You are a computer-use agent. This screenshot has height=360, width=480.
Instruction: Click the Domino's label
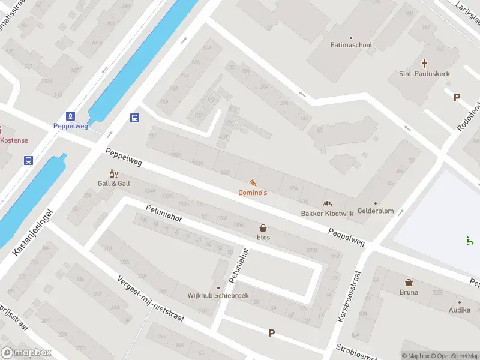(x=253, y=193)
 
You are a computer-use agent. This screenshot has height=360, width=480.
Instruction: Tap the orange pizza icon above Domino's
(x=253, y=182)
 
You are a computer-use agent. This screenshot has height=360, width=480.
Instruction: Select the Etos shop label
(x=263, y=237)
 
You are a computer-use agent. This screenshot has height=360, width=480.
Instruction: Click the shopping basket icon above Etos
(x=263, y=227)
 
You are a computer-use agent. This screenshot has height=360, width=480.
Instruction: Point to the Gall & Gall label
(x=114, y=183)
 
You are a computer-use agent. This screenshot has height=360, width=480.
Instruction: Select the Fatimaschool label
(x=351, y=45)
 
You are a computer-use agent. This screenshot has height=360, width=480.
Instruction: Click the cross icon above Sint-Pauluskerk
(x=425, y=63)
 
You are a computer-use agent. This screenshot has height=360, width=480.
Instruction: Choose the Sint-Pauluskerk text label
(x=424, y=74)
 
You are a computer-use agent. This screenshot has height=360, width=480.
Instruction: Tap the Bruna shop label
(x=409, y=292)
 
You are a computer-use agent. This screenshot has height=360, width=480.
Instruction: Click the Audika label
(x=460, y=310)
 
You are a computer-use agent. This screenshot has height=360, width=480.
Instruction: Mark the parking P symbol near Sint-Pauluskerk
(x=457, y=97)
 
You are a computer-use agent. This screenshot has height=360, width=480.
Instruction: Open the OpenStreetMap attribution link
(x=454, y=356)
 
